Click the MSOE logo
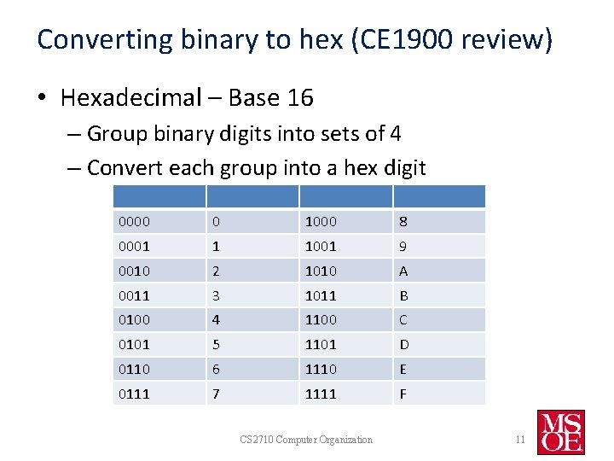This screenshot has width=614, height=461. pos(560,431)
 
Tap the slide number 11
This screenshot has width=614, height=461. pos(519,440)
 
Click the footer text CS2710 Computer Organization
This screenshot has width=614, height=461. pos(306,440)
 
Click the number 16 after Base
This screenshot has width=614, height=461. pos(300,98)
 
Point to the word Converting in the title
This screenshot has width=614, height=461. pos(95,39)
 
